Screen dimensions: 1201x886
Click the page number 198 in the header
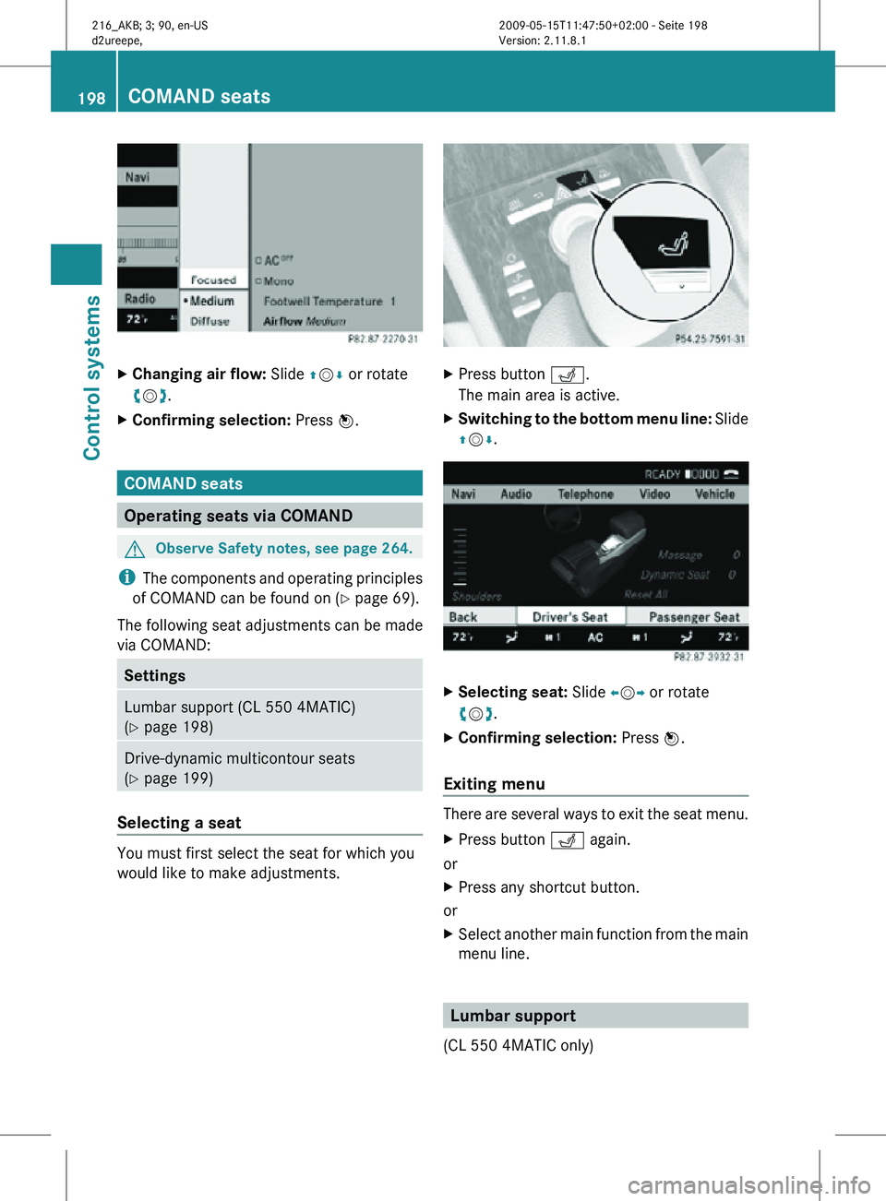point(91,98)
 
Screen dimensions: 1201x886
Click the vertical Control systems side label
point(92,377)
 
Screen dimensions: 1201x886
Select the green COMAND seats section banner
point(269,483)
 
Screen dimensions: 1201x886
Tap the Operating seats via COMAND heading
point(269,516)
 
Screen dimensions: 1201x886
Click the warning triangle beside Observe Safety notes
point(135,549)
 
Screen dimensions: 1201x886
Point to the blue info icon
point(126,577)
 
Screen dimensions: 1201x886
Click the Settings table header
point(269,675)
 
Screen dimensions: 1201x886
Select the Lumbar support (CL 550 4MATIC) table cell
point(269,717)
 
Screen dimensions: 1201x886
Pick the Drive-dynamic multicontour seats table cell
point(269,767)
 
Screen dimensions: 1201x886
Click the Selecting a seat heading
point(179,823)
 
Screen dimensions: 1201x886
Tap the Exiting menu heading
point(494,784)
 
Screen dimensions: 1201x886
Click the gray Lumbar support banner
point(595,1016)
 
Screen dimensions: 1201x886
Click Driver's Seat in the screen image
point(569,617)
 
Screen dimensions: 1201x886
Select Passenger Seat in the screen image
point(694,617)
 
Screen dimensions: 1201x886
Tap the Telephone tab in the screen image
point(585,494)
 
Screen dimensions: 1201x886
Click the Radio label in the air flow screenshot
point(140,299)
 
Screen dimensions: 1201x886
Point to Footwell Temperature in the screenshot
point(323,302)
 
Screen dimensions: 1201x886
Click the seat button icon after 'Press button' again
point(568,840)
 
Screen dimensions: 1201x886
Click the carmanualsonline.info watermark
point(748,1184)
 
